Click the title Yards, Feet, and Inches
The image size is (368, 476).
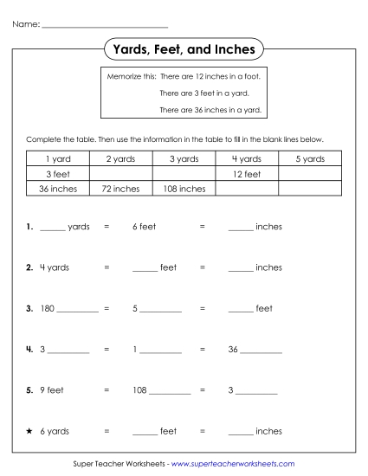point(184,49)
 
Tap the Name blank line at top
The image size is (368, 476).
point(105,23)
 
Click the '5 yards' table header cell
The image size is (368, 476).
point(310,159)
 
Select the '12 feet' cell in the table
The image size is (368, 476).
point(247,174)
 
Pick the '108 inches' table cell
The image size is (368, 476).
point(184,188)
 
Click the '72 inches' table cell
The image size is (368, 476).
point(120,188)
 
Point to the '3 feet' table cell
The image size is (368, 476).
point(57,174)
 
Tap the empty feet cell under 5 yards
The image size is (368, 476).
point(310,174)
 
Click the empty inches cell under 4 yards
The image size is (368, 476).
point(247,188)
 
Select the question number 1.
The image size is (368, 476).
point(29,227)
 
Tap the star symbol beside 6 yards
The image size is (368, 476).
point(29,430)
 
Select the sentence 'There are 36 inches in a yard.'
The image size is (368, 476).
point(210,109)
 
